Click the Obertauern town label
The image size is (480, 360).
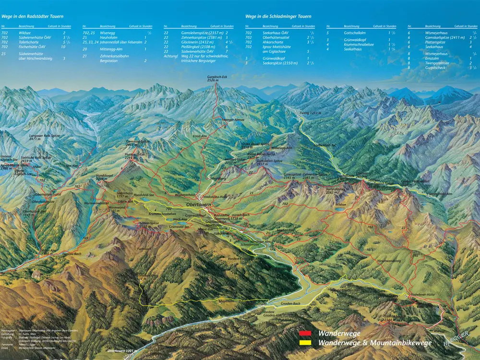click(x=199, y=205)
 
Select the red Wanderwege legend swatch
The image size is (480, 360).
click(x=305, y=333)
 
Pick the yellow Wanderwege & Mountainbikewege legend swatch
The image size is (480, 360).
click(x=305, y=343)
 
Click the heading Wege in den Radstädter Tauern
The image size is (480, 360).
click(x=32, y=16)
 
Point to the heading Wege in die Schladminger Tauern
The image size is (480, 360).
click(x=278, y=16)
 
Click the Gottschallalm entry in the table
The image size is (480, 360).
click(x=354, y=33)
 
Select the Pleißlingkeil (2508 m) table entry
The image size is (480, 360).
click(x=195, y=47)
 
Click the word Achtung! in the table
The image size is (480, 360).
click(x=170, y=56)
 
